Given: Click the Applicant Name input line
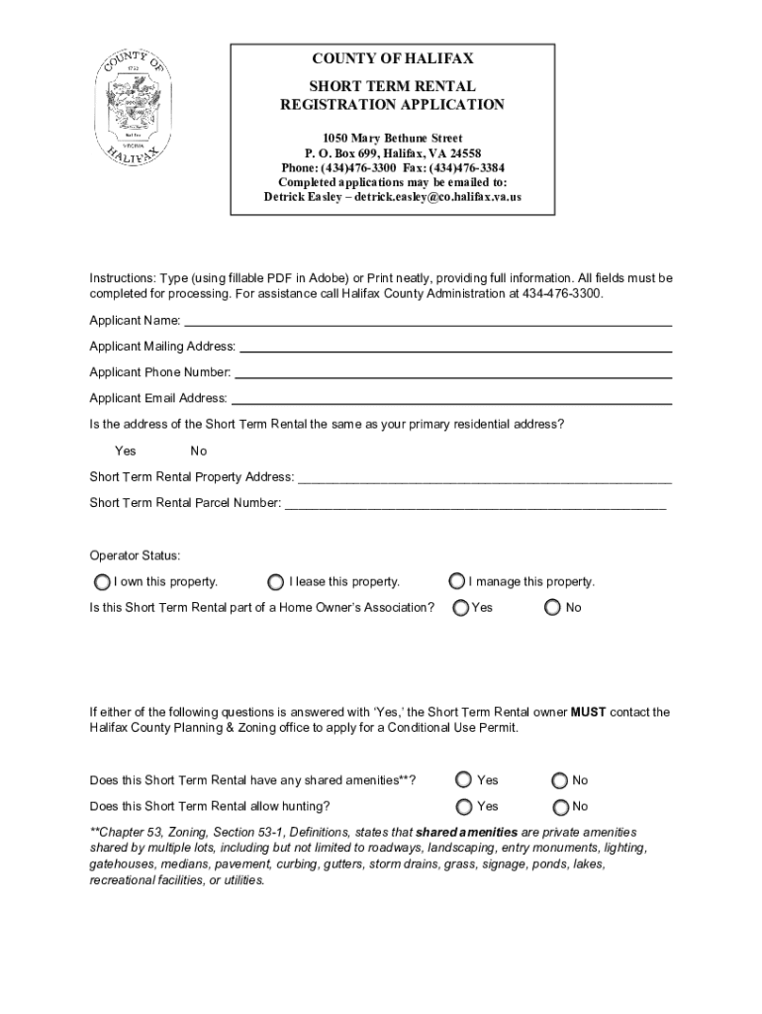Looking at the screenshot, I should pyautogui.click(x=428, y=321).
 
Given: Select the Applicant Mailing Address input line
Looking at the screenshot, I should pyautogui.click(x=455, y=347).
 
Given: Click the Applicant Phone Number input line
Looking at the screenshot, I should pyautogui.click(x=452, y=373).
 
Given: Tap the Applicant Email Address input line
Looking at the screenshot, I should pyautogui.click(x=450, y=400).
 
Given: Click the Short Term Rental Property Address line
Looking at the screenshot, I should pyautogui.click(x=484, y=477).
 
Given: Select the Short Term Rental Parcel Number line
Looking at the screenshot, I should pyautogui.click(x=475, y=504).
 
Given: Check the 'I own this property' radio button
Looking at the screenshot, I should pyautogui.click(x=101, y=581).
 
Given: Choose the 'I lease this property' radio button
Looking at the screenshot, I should pyautogui.click(x=276, y=581).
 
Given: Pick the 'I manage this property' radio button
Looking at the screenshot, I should pyautogui.click(x=457, y=581).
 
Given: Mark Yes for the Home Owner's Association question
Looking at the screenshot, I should pyautogui.click(x=460, y=607).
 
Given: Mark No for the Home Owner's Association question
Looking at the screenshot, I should pyautogui.click(x=553, y=607).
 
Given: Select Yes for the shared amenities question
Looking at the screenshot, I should pyautogui.click(x=463, y=780).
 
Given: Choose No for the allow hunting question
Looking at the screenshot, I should pyautogui.click(x=560, y=807).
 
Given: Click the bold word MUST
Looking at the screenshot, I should pyautogui.click(x=588, y=712).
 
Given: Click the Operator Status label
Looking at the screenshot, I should pyautogui.click(x=135, y=556).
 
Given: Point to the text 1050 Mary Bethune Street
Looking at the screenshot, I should pyautogui.click(x=392, y=138).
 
